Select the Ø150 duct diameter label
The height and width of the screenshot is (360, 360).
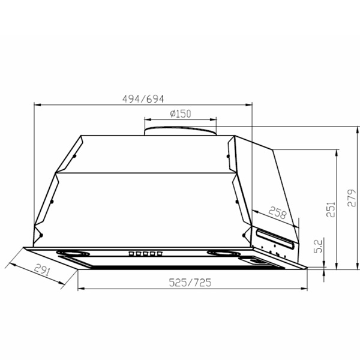click(x=180, y=113)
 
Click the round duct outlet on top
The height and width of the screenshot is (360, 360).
click(x=179, y=130)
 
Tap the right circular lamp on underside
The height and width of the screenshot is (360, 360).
click(x=222, y=253)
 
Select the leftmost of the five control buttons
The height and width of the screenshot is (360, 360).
click(x=131, y=253)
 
